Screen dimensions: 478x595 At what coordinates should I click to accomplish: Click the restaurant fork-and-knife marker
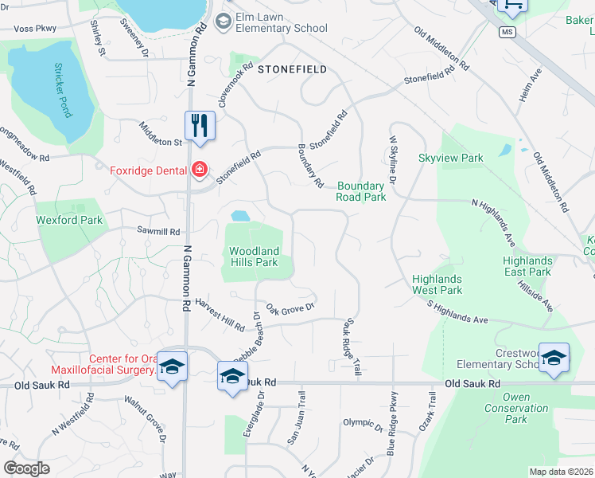pos(200,126)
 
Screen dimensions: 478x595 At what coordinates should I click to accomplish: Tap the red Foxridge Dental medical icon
pos(199,169)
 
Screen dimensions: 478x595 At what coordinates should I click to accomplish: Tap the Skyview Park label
pos(451,158)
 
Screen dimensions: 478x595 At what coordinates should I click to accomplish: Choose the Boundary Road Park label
pos(361,191)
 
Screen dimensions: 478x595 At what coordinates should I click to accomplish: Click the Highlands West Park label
pos(437,284)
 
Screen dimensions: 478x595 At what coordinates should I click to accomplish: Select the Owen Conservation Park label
pos(516,408)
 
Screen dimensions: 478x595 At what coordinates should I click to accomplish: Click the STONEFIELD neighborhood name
pos(292,69)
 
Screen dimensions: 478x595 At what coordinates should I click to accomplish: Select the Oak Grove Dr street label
pos(290,307)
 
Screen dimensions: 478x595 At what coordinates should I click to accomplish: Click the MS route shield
pos(507,33)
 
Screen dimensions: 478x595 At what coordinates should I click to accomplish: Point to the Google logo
pos(26,468)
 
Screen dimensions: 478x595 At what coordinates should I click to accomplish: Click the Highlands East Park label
pos(527,266)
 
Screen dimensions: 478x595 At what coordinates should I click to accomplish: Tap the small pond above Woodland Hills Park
pos(239,216)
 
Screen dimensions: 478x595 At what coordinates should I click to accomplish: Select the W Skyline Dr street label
pos(393,162)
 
